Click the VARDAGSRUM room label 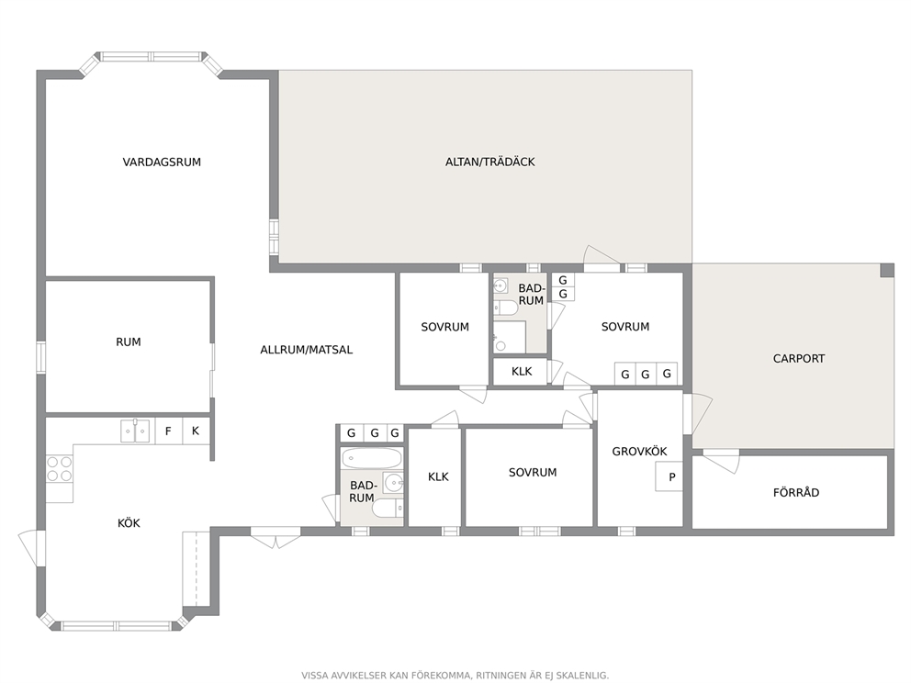click(x=162, y=162)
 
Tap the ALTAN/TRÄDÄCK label click(x=489, y=162)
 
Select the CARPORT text click(x=798, y=359)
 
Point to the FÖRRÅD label click(x=796, y=492)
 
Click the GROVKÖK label click(x=640, y=452)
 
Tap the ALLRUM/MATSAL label click(x=306, y=350)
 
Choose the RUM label click(x=129, y=342)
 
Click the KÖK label click(x=129, y=523)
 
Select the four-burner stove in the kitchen click(x=60, y=469)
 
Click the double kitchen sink click(x=135, y=431)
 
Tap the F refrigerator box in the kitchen click(x=168, y=431)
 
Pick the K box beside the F click(x=196, y=431)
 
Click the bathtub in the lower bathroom click(x=372, y=459)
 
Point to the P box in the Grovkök click(x=669, y=476)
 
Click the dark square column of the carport click(x=886, y=271)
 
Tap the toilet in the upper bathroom click(x=504, y=308)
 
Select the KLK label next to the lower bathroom click(x=438, y=476)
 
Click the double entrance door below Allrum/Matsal click(x=276, y=537)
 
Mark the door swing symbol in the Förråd click(x=721, y=461)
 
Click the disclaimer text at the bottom click(x=455, y=676)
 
